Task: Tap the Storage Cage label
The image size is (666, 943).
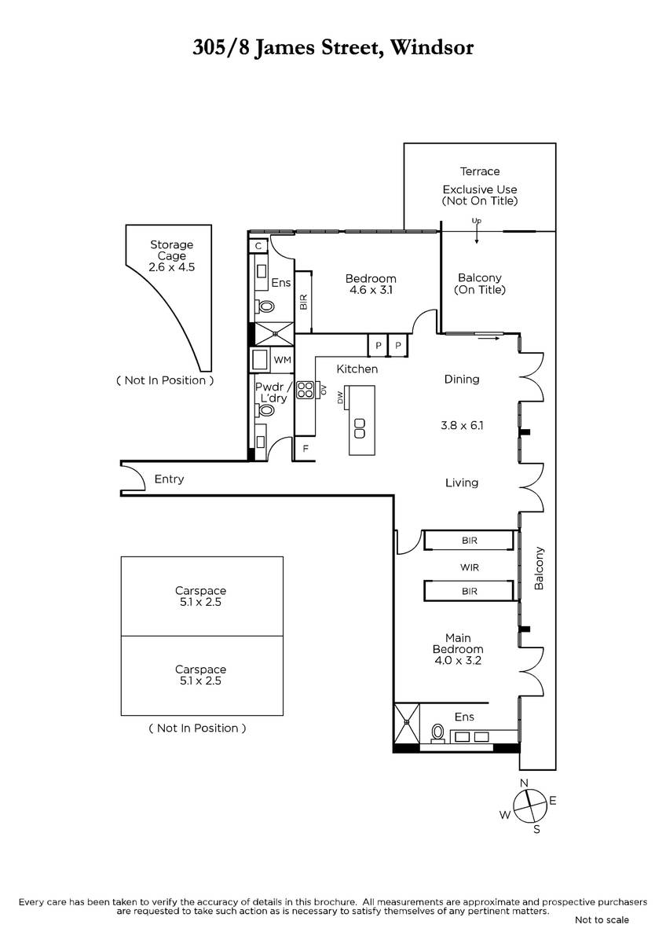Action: tap(172, 250)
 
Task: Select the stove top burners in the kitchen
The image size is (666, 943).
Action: tap(305, 390)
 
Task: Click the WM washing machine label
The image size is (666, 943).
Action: tap(282, 360)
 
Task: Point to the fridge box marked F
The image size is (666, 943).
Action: tap(305, 449)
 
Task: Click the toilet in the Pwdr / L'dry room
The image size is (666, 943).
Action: tap(266, 409)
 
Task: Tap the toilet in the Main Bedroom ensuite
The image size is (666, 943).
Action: tap(437, 733)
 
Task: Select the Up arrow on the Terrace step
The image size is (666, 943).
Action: tap(477, 233)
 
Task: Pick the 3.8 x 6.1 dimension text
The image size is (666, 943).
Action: tap(462, 425)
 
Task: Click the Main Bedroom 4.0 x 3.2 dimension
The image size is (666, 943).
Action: tap(458, 660)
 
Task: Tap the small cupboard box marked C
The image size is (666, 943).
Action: tap(258, 246)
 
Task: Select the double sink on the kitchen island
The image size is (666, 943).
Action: tap(360, 428)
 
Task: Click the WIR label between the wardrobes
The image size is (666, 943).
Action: tap(470, 567)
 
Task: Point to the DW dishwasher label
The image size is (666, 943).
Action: tap(340, 398)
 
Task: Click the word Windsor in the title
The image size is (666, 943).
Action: tap(432, 47)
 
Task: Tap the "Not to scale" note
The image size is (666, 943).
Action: tap(602, 920)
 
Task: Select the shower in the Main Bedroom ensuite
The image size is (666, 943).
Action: tap(407, 722)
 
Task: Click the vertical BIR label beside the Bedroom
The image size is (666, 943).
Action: tap(303, 302)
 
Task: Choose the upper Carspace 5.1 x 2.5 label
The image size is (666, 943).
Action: tap(200, 596)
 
